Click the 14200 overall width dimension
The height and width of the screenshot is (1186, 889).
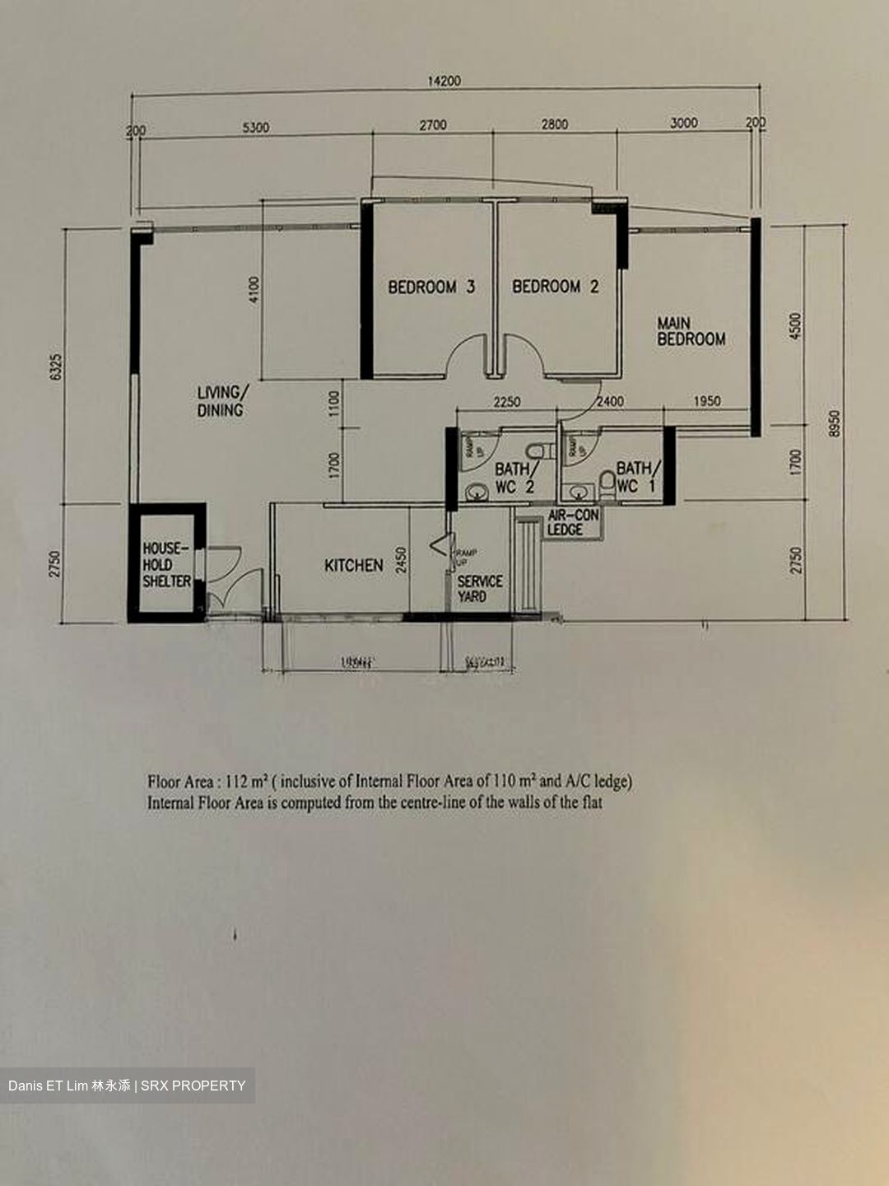pos(444,81)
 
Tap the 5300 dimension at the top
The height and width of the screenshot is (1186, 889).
pos(255,128)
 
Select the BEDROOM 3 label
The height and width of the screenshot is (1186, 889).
pos(431,287)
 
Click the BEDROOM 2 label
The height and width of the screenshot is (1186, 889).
pos(556,287)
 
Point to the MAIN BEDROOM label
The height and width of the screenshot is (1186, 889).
pos(691,331)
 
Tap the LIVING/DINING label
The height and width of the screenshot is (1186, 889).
pos(221,401)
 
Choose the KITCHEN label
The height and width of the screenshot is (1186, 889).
pos(353,565)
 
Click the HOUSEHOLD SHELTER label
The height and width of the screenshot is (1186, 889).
pos(166,565)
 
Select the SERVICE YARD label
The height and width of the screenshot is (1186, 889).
pos(479,588)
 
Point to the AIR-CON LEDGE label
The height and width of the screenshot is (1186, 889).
pos(573,522)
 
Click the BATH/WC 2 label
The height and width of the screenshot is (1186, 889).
pos(514,478)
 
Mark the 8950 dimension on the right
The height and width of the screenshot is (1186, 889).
pos(835,423)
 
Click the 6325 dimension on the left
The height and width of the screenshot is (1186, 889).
pos(56,367)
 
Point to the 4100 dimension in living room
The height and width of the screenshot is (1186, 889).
pos(254,289)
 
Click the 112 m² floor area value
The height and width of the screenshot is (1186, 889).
pos(248,782)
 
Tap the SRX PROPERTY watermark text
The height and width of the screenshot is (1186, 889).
pos(193,1086)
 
